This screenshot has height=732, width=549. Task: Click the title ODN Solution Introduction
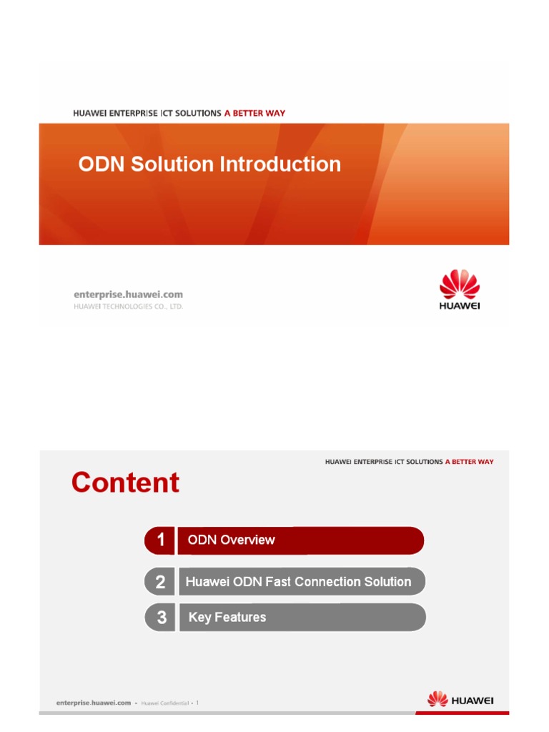pos(209,164)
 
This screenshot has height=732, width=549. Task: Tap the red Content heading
pos(125,483)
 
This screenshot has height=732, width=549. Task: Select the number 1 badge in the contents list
pos(160,540)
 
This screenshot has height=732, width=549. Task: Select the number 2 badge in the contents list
pos(160,582)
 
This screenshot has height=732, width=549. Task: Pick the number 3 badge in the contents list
pos(161,618)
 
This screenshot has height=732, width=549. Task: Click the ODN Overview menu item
pos(231,540)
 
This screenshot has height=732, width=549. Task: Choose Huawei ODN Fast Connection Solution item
pos(298,582)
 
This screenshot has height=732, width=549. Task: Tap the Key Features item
pos(227,618)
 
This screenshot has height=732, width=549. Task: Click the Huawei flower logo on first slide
pos(459,285)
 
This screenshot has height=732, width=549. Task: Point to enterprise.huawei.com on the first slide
pos(129,294)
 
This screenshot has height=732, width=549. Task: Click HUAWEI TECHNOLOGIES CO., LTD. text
pos(129,307)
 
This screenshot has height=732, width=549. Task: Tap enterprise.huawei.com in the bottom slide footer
pos(93,703)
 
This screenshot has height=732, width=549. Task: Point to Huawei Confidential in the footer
pos(164,703)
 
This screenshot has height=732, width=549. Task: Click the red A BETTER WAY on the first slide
pos(254,113)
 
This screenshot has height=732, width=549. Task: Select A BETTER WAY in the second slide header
pos(469,462)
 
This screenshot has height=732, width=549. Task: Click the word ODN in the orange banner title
pos(100,164)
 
